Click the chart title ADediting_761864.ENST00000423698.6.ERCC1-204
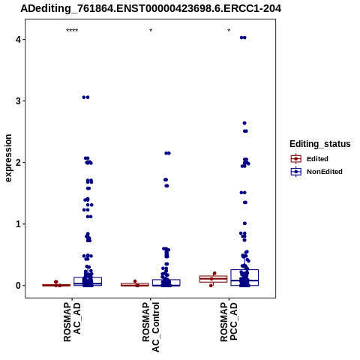coord(151,9)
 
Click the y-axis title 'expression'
coord(8,158)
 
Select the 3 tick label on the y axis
coord(18,101)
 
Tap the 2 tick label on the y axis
coord(18,163)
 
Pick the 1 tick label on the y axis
coord(18,224)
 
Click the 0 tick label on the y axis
coord(18,286)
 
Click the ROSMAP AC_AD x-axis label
coord(72,322)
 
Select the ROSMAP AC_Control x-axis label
coord(151,327)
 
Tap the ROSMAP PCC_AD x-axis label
coord(229,322)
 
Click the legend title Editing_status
coord(320,144)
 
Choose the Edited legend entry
coord(309,159)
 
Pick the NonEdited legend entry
coord(316,172)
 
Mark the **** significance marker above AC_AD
coord(72,31)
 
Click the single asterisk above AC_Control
coord(151,31)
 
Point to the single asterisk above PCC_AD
coord(229,31)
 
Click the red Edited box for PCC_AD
coord(213,279)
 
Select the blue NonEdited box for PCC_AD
coord(244,277)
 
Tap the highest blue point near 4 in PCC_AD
coord(243,37)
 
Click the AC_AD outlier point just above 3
coord(85,97)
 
